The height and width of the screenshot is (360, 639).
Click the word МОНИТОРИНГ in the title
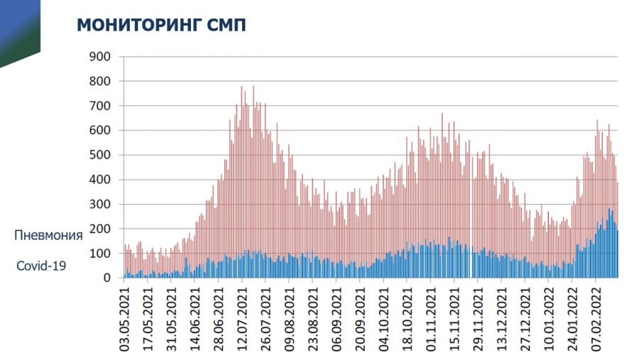[139, 26]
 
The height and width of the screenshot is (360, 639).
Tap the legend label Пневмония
[49, 235]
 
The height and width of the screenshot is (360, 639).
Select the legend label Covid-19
[40, 266]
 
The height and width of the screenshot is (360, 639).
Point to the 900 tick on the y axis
[99, 57]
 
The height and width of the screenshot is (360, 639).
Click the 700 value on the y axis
[99, 106]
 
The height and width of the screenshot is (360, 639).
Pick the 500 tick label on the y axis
[99, 155]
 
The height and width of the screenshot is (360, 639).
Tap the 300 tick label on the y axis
[99, 204]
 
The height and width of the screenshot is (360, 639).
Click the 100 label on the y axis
[99, 253]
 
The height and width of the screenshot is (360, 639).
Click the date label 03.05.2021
[125, 318]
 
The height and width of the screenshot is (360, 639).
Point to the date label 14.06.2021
[195, 318]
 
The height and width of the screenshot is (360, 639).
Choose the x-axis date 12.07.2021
[243, 318]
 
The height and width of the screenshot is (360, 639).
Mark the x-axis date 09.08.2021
[290, 318]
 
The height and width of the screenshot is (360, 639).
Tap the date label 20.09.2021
[361, 318]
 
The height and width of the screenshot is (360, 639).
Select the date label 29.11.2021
[479, 318]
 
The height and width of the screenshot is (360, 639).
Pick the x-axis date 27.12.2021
[526, 318]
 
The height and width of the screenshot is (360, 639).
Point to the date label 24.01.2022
[573, 318]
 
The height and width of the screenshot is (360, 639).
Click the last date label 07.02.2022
[597, 318]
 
